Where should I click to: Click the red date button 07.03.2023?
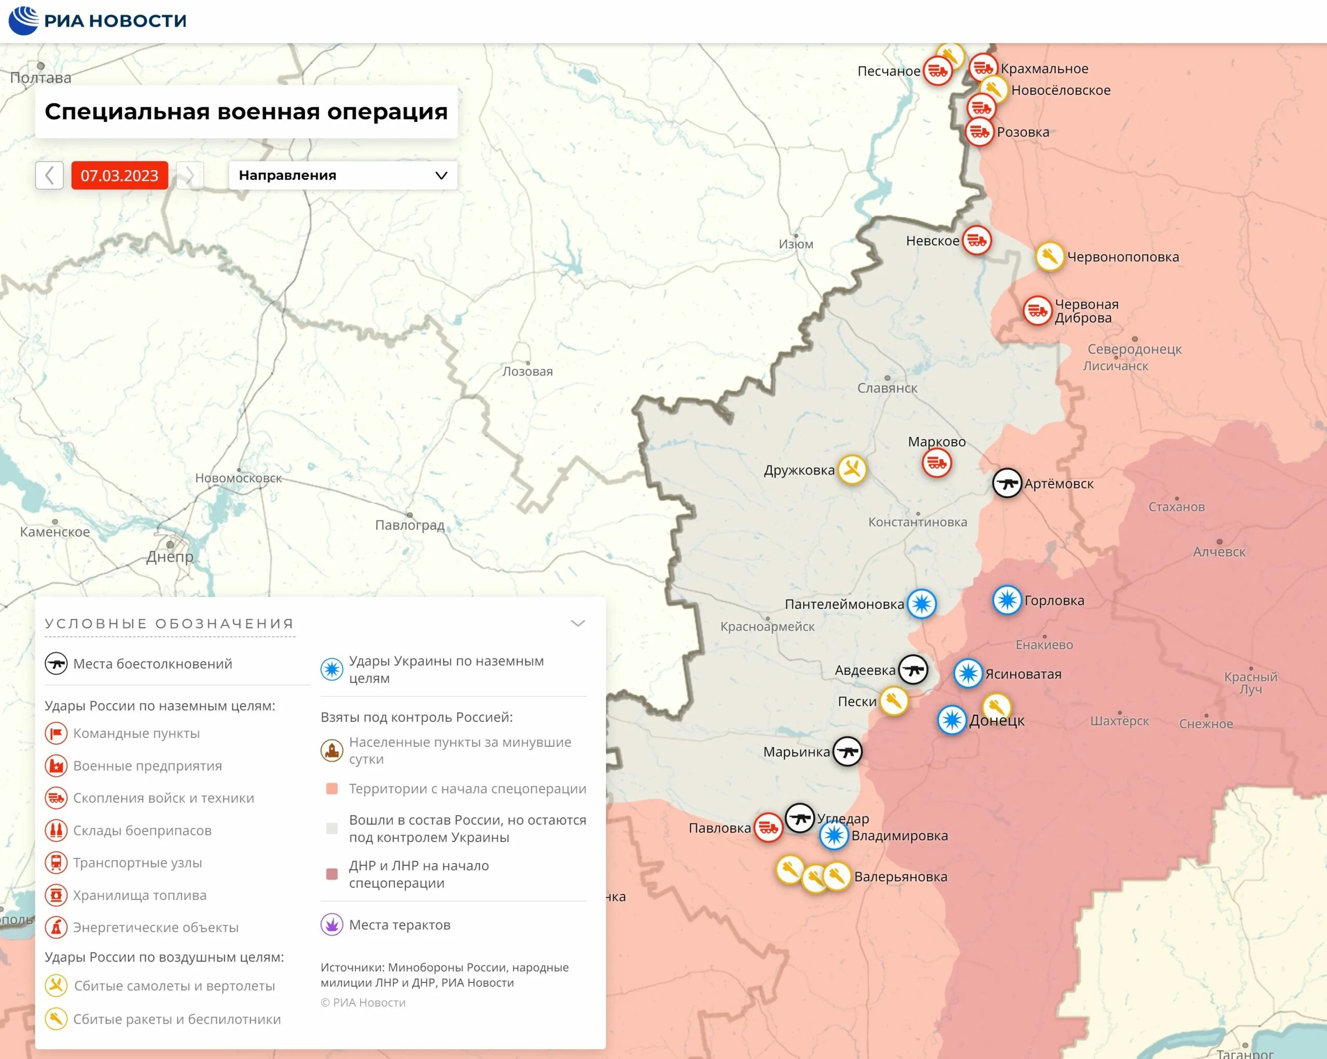coord(119,175)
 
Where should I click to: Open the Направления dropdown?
coord(343,175)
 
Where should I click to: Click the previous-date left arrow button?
coord(49,175)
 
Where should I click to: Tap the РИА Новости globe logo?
coord(23,20)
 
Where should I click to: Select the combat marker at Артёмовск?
coord(1007,483)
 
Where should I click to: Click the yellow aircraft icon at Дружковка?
coord(852,470)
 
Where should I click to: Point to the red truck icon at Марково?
coord(937,463)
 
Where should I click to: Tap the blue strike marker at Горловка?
coord(1007,600)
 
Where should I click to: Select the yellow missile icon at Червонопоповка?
coord(1049,257)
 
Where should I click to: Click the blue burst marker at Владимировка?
coord(834,835)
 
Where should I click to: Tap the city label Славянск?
coord(887,388)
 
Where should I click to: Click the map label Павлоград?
coord(410,525)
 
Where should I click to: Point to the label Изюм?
coord(796,244)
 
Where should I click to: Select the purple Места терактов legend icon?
coord(332,924)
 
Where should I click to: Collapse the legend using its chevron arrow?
coord(577,623)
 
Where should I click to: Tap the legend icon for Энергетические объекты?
coord(56,927)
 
